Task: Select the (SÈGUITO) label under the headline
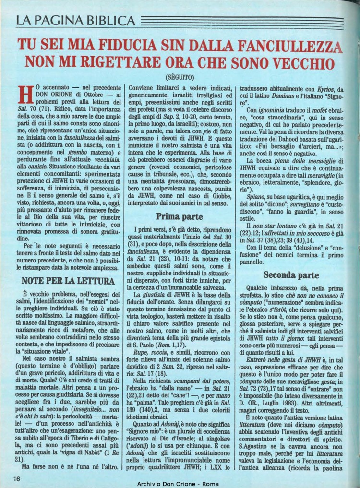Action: click(x=179, y=76)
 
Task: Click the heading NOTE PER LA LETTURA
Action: click(x=69, y=279)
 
